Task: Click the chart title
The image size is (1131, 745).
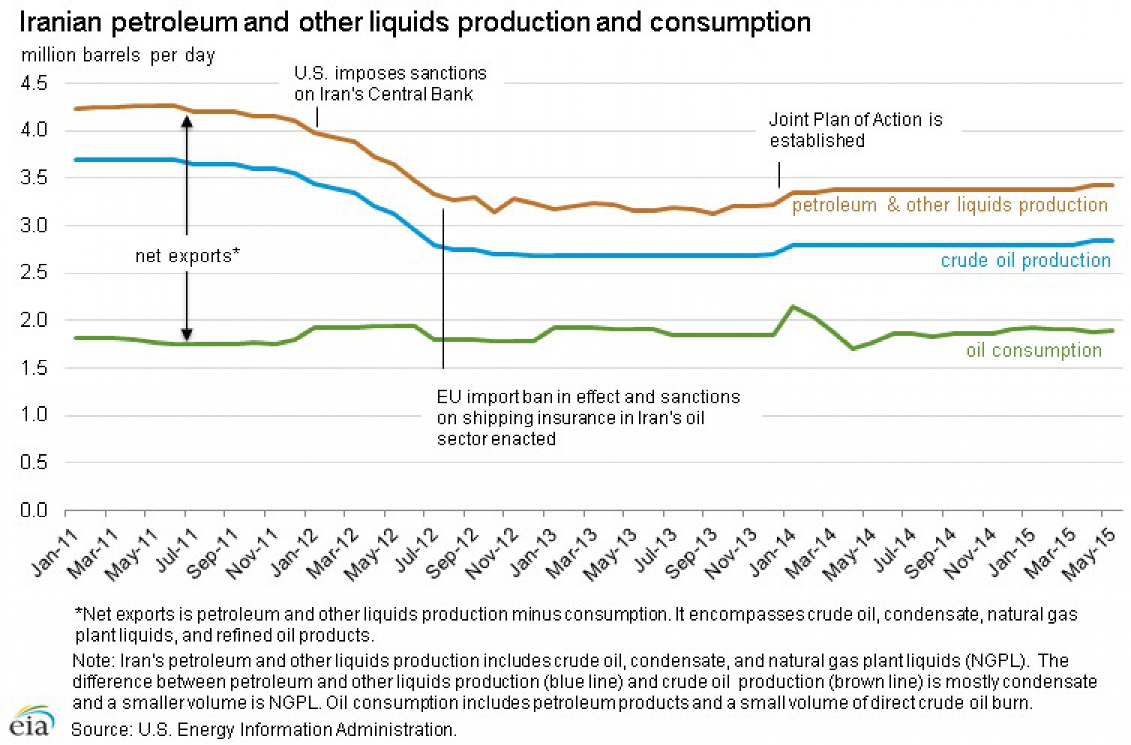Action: pyautogui.click(x=415, y=23)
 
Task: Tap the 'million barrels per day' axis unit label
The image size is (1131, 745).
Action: pyautogui.click(x=118, y=55)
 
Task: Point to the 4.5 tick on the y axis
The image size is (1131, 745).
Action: pyautogui.click(x=34, y=84)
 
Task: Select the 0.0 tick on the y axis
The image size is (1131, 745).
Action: pyautogui.click(x=34, y=510)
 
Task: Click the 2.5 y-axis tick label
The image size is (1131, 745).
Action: pyautogui.click(x=34, y=273)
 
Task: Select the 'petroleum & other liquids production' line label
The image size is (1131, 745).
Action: pyautogui.click(x=950, y=205)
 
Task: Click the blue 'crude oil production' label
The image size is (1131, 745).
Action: pyautogui.click(x=1026, y=260)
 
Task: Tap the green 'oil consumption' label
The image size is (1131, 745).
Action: pyautogui.click(x=1034, y=350)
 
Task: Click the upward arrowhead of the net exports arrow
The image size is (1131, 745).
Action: pyautogui.click(x=187, y=122)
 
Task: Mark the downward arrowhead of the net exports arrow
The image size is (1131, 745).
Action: pyautogui.click(x=187, y=334)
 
